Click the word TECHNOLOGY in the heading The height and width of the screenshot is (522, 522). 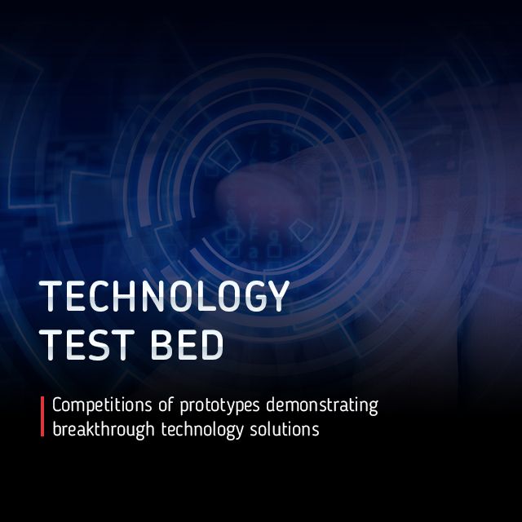164,296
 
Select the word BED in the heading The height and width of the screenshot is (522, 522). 187,345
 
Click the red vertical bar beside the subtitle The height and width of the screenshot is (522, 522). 42,416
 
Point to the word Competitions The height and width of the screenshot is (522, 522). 102,405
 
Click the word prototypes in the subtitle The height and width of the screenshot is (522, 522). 219,406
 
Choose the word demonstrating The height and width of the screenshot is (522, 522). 322,405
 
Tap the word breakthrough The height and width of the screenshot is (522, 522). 104,430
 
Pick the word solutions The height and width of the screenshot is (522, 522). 285,429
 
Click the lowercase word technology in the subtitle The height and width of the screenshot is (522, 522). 202,430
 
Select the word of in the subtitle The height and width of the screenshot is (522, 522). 166,405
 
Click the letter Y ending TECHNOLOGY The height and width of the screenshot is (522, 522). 277,296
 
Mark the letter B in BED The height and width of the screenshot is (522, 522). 161,345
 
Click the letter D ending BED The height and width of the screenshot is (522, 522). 212,345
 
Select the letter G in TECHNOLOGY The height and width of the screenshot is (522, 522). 255,296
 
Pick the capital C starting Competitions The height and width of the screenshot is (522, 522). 57,405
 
